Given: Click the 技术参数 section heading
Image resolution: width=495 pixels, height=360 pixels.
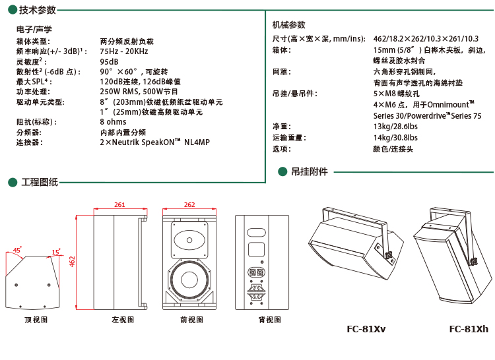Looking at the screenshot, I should pos(38,11).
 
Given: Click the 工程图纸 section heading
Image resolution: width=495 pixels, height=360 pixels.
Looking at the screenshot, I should pos(40,182).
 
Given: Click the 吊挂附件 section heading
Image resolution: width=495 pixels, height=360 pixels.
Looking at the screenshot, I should pos(309,171).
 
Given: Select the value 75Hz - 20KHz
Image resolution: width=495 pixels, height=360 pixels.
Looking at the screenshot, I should pos(124,51).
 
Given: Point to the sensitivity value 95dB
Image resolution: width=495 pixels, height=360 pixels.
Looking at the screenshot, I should pos(109,61).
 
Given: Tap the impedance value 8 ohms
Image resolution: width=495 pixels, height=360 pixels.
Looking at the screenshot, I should pos(113,122).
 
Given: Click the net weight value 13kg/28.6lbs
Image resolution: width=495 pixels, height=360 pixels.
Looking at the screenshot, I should pos(395,126).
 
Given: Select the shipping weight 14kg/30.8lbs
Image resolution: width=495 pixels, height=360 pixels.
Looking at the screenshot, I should pos(395,137).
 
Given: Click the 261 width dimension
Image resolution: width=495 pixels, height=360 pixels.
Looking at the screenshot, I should pos(119,205).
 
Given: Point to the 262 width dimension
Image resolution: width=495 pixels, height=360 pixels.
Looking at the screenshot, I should pos(189,205).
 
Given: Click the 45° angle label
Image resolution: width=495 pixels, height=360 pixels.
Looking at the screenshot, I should pos(18,250).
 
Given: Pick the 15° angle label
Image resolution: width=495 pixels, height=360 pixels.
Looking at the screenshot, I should pos(56,252).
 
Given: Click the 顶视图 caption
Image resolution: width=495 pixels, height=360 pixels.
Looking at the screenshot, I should pos(36,320).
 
